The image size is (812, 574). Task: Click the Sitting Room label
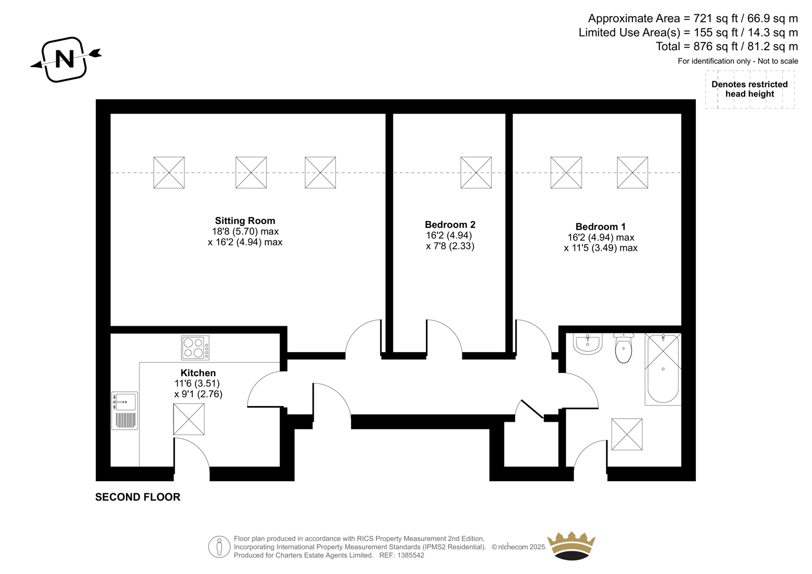pos(245,220)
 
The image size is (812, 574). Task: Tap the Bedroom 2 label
pos(450,224)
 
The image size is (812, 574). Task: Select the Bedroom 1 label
pos(601,227)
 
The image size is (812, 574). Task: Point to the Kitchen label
pos(198,373)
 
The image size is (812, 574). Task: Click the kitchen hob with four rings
pos(195,348)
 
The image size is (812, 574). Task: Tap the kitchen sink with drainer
pos(124,411)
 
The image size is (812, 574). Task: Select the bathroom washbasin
pos(588,344)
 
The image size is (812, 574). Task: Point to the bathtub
pos(663,369)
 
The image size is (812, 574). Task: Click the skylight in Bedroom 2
pos(476,173)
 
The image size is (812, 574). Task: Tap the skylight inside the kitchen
pos(188,419)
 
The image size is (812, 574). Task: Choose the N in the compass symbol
pos(64,59)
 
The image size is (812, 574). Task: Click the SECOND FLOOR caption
pos(138,497)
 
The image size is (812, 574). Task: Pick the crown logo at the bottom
pos(571,546)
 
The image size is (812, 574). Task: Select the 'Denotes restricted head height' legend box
pos(750,89)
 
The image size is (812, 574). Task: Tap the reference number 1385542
pos(410,555)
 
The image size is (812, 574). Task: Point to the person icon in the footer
pos(219,547)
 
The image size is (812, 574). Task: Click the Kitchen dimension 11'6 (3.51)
pos(197,383)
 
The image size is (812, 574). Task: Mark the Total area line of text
pos(727,46)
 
